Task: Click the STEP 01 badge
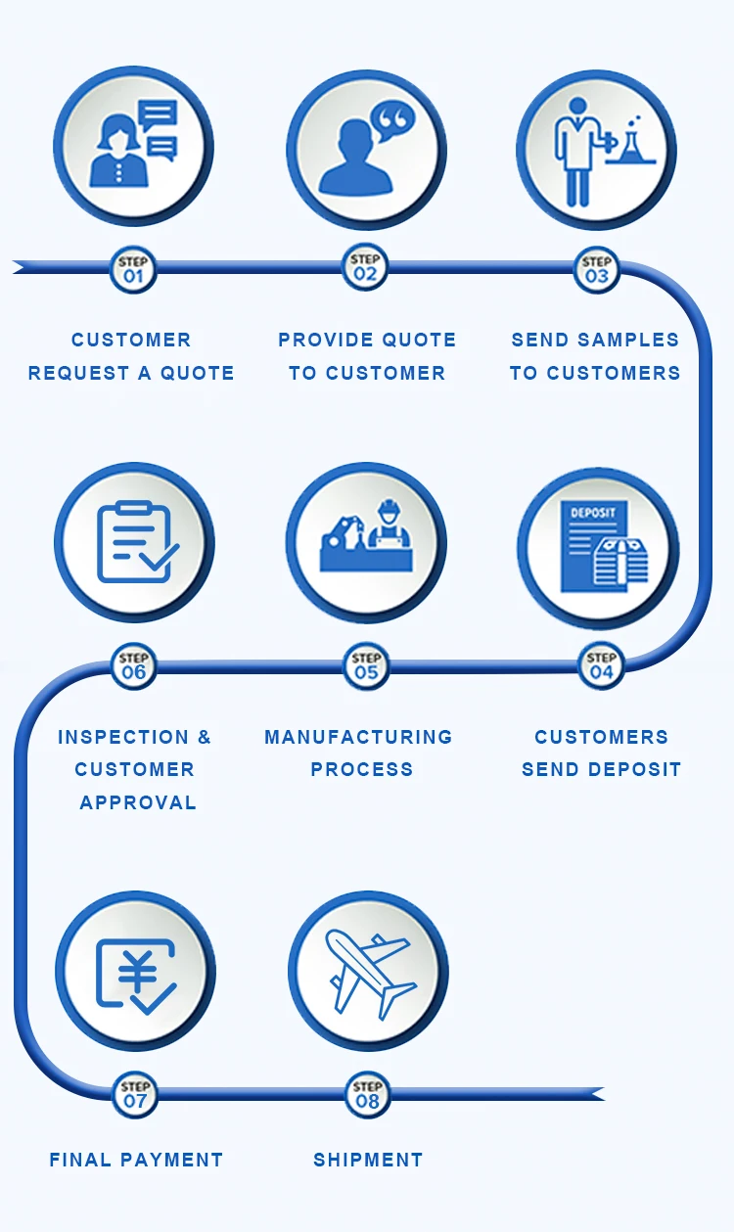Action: [133, 269]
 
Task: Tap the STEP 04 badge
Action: [601, 665]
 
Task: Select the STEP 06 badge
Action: [134, 665]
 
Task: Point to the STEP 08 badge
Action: [368, 1093]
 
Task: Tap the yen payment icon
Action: [136, 975]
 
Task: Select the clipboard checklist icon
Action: [135, 542]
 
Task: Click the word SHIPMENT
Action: [368, 1160]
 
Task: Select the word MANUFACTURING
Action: [358, 737]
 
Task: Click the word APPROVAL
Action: [138, 802]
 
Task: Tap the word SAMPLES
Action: [627, 340]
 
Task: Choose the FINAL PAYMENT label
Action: [136, 1160]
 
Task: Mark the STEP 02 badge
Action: [365, 267]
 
